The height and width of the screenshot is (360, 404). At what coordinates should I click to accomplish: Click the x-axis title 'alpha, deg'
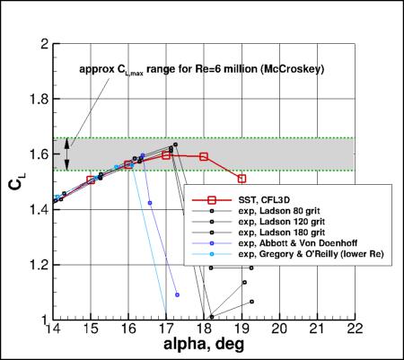pos(206,347)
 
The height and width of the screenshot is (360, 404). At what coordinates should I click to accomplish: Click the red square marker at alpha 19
pos(242,179)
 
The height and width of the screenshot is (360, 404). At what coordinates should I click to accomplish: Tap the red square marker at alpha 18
pos(204,156)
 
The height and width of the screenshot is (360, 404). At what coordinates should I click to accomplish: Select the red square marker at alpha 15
pos(91,180)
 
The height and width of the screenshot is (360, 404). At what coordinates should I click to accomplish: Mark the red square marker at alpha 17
pos(166,155)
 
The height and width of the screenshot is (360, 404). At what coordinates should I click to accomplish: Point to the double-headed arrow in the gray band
pos(68,154)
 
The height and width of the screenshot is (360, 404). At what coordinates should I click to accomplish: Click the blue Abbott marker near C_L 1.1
pos(178,294)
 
